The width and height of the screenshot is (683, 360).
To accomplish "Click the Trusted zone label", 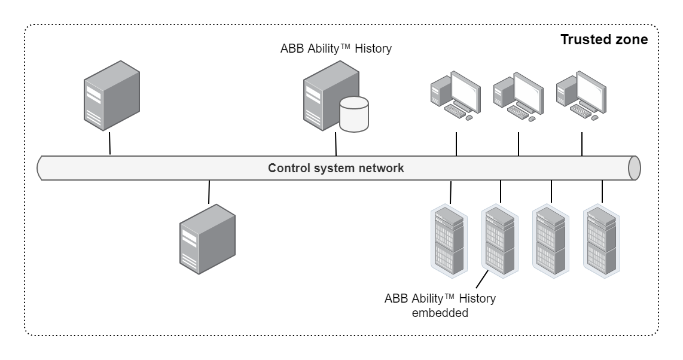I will pos(603,40).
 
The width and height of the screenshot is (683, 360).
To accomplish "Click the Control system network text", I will pos(336,168).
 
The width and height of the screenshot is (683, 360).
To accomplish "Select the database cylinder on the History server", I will pos(353,115).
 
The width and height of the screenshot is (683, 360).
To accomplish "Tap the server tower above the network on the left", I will pos(112,99).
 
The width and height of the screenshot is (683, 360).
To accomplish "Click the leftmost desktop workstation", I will pos(455,95).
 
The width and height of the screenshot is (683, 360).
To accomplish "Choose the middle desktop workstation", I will pos(517,95).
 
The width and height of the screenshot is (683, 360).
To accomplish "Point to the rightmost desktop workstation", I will pos(580,95).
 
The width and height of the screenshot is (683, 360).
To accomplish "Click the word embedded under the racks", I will pos(440,312).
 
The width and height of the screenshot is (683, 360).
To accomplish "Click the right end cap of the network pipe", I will pos(634,168).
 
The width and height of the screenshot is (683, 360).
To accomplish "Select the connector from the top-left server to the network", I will pos(110,143).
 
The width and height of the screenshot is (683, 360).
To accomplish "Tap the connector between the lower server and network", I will pos(209,192).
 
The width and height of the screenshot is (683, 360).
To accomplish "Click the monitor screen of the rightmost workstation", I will pos(589,90).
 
